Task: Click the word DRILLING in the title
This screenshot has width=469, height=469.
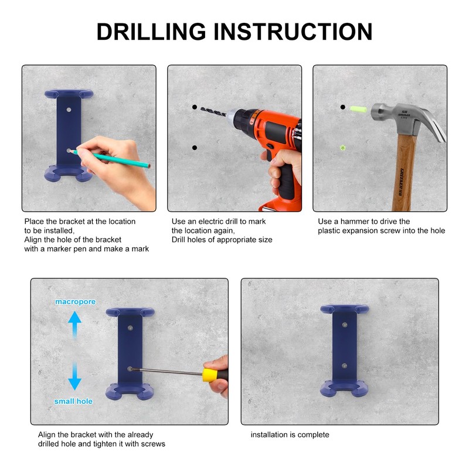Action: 151,32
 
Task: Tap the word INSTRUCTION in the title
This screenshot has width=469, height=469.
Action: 293,32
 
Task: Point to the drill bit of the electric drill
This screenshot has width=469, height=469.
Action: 213,112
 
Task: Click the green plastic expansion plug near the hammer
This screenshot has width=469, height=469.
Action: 358,109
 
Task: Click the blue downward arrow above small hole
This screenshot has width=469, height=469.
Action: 74,376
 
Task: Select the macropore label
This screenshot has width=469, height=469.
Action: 76,302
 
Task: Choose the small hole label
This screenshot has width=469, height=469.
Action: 73,401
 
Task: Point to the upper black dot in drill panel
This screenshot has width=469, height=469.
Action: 195,107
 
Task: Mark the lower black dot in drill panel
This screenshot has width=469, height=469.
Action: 195,148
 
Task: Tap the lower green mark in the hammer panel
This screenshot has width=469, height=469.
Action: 343,148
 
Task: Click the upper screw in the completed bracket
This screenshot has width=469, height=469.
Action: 345,325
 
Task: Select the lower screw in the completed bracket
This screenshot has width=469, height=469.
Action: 344,366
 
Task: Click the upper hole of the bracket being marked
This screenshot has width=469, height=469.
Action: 69,110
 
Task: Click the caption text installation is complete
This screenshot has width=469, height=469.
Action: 290,434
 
